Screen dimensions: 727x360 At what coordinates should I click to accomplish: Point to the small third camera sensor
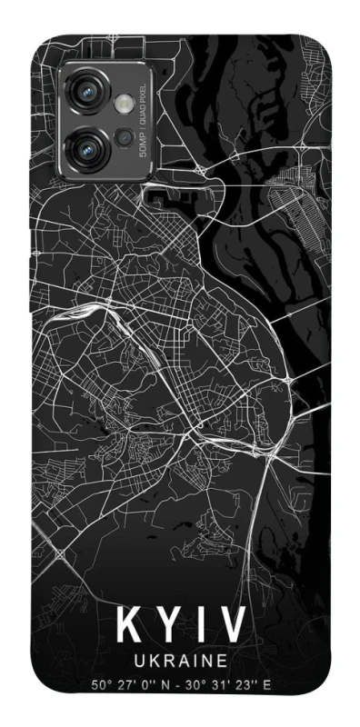point(124,138)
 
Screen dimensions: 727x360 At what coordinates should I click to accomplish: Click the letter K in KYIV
point(127,626)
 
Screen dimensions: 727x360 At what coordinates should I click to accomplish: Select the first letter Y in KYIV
point(167,626)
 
